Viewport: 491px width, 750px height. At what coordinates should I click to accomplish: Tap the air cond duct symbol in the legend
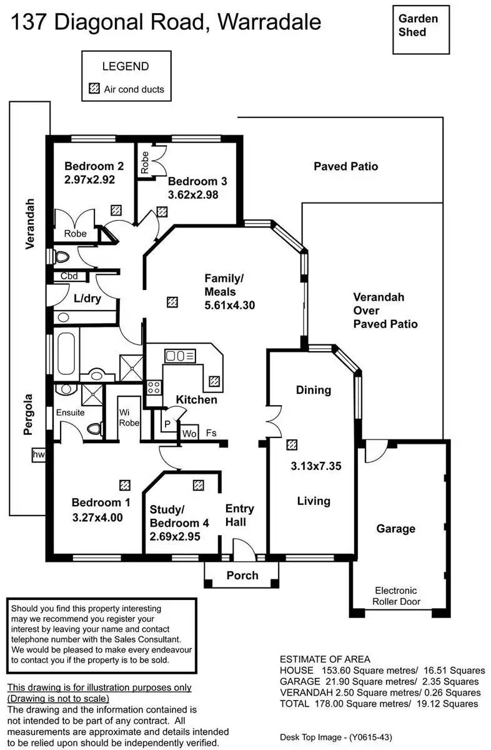(x=94, y=89)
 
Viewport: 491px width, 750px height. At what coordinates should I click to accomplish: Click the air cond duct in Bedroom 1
(x=125, y=484)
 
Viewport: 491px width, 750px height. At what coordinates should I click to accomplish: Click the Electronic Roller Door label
(x=396, y=596)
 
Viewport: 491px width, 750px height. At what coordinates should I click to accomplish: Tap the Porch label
(x=242, y=575)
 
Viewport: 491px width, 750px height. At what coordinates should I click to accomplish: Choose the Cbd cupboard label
(x=69, y=276)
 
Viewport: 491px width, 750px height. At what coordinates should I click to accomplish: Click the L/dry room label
(x=87, y=298)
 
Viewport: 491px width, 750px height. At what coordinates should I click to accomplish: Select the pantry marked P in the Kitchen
(x=167, y=423)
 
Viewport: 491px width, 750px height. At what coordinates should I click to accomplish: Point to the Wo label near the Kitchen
(x=189, y=432)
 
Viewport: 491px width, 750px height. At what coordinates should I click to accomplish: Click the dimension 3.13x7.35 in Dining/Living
(x=316, y=465)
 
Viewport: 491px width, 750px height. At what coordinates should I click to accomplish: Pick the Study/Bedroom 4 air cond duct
(x=199, y=484)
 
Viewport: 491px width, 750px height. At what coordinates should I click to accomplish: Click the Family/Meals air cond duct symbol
(x=172, y=302)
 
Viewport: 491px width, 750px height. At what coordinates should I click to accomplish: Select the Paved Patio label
(x=345, y=166)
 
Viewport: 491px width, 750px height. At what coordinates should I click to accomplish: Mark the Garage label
(x=395, y=529)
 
